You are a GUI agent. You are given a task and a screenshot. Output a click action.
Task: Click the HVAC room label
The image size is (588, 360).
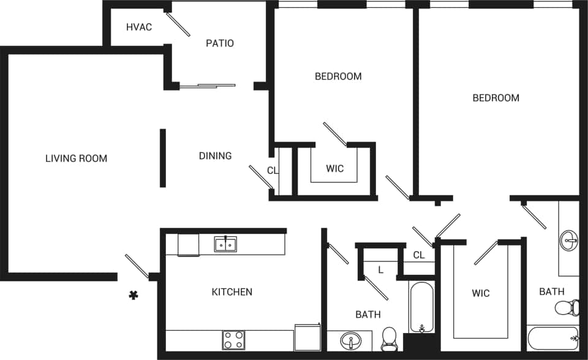click(139, 28)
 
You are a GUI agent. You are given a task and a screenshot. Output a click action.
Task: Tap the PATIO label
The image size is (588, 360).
click(220, 43)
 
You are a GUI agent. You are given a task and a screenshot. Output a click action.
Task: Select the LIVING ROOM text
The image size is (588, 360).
click(77, 159)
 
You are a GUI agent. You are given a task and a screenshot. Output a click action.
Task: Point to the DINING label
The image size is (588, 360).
click(216, 156)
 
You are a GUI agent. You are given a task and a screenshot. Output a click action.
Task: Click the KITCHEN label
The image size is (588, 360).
click(232, 292)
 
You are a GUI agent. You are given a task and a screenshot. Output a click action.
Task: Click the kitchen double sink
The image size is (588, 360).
click(225, 244)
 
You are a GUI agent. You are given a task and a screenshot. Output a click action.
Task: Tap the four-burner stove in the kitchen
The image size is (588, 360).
click(233, 340)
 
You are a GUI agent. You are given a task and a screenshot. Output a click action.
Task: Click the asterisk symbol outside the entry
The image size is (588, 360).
click(133, 296)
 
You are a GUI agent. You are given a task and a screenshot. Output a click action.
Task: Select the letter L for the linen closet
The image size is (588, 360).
click(380, 269)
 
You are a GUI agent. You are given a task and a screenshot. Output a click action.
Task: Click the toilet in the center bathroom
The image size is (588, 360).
click(390, 339)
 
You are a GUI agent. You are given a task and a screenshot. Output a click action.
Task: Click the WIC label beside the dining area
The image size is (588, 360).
click(335, 168)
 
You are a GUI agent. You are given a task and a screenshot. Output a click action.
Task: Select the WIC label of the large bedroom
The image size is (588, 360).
click(481, 293)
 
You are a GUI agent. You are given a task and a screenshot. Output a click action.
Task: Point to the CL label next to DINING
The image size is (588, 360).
click(273, 171)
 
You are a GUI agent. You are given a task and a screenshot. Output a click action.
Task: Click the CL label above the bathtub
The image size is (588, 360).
click(419, 255)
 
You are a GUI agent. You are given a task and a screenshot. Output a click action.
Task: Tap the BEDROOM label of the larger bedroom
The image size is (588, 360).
click(496, 98)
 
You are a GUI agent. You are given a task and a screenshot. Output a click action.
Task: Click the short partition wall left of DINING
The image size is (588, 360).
click(163, 158)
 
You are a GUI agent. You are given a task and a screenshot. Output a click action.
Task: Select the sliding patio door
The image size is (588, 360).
click(207, 86)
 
